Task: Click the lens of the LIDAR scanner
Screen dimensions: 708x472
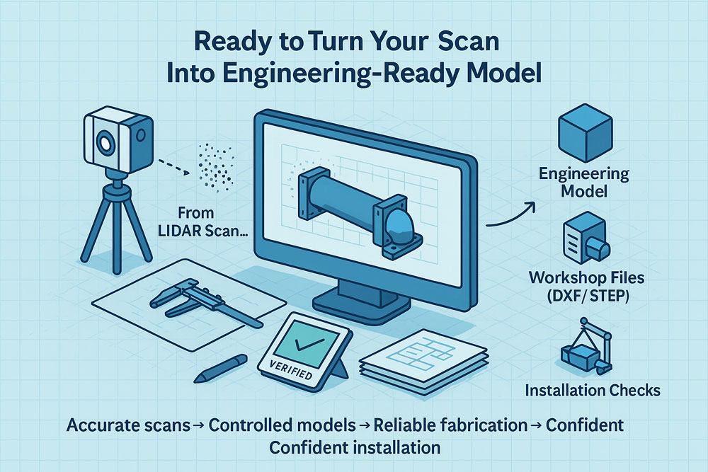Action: click(x=105, y=144)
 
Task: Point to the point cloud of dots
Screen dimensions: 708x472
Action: click(x=216, y=167)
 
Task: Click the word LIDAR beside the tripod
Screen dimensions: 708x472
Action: click(x=180, y=231)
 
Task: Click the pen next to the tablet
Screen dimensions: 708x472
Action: click(x=221, y=368)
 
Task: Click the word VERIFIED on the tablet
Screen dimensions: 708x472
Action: click(x=290, y=369)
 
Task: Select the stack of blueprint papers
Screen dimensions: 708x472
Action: click(x=423, y=361)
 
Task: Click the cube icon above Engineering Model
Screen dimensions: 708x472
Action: click(x=586, y=132)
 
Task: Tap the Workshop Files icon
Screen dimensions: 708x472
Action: click(x=586, y=238)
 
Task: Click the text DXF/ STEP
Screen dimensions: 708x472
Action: click(x=586, y=296)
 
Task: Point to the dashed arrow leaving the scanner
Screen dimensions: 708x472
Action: click(x=173, y=166)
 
